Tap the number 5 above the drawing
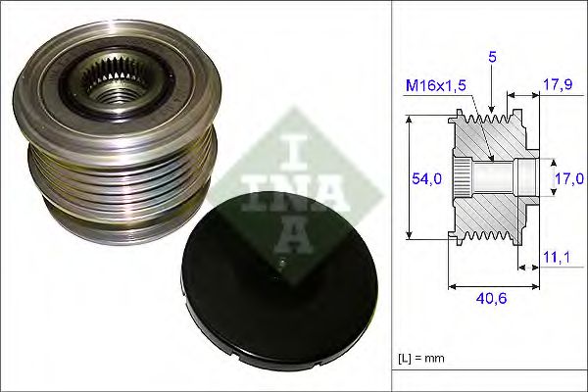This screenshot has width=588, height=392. (493, 58)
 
